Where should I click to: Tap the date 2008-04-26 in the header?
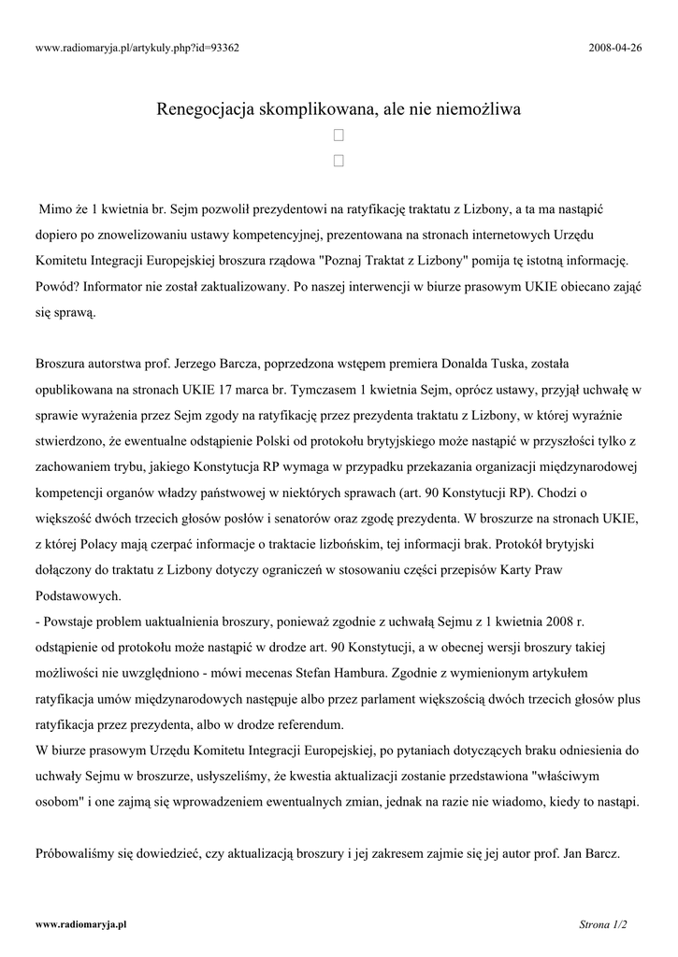click(616, 48)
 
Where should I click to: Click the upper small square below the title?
click(339, 136)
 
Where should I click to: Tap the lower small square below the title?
click(339, 161)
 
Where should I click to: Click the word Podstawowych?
click(79, 594)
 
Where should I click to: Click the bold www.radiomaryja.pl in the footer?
click(80, 924)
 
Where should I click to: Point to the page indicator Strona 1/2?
click(603, 925)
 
